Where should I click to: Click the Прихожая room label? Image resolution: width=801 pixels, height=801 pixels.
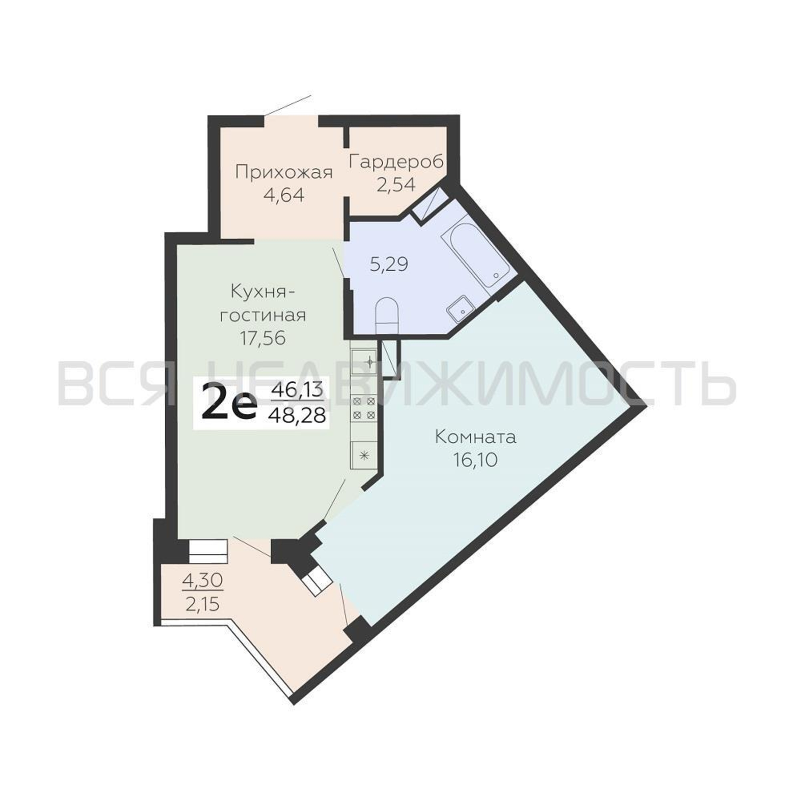pos(284,173)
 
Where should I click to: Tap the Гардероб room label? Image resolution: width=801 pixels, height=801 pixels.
pos(396,162)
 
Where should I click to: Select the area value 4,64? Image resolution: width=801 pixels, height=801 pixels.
pos(284,195)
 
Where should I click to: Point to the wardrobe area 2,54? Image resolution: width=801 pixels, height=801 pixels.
pos(396,184)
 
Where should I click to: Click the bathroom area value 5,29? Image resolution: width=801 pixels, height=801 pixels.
pos(389,264)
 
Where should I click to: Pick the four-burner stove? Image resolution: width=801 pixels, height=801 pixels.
pos(364,408)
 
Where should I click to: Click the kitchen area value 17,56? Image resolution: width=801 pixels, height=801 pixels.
pos(263,338)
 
